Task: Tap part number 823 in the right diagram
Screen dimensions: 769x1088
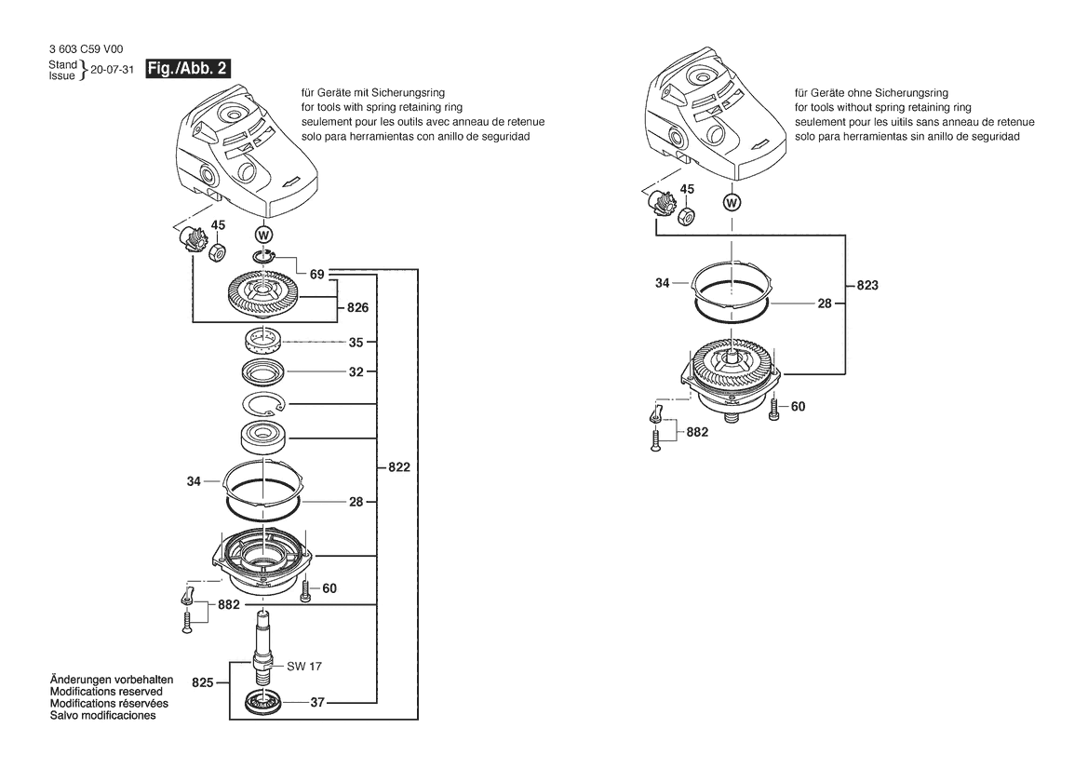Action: pos(866,286)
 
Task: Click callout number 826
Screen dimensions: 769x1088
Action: pos(357,307)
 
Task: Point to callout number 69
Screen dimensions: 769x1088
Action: pos(317,274)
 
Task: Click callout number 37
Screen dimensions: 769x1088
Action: pos(316,703)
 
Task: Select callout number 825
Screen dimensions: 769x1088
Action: pos(203,682)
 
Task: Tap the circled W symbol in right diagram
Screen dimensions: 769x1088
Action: pos(732,202)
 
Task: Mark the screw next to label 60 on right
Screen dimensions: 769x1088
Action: pos(773,411)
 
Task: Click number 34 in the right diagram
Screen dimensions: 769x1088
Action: pos(662,281)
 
